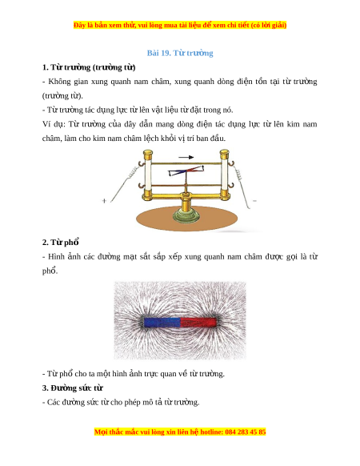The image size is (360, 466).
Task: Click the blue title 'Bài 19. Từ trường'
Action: [180, 53]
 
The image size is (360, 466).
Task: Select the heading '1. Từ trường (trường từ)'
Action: [89, 67]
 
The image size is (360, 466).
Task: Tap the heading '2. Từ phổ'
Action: [61, 243]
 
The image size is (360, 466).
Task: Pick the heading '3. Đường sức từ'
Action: [73, 388]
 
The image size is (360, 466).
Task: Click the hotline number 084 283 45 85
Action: [246, 432]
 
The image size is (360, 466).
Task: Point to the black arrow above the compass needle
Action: [186, 157]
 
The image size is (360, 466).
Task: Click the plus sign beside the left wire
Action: [104, 201]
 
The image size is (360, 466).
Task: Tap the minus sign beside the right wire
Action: [254, 201]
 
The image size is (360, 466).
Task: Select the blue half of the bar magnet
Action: [162, 323]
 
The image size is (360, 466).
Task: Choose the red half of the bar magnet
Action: [198, 323]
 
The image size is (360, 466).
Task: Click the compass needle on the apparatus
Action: [186, 171]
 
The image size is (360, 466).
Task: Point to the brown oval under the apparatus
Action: [187, 220]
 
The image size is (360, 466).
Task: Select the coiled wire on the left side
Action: [133, 173]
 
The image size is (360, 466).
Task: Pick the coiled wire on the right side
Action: [238, 175]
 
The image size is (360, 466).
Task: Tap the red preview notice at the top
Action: [180, 26]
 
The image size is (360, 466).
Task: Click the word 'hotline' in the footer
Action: [211, 432]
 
